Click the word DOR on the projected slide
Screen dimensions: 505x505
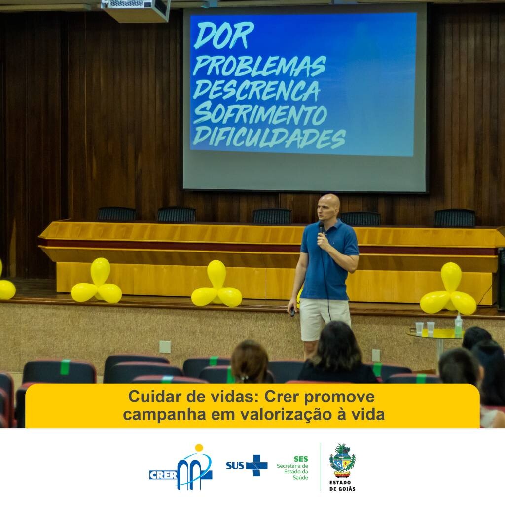(x=224, y=36)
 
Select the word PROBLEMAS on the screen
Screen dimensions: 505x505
(x=259, y=67)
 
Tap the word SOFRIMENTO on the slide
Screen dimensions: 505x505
(x=260, y=113)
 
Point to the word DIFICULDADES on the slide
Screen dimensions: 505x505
(x=269, y=138)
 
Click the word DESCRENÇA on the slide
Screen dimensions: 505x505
(x=256, y=90)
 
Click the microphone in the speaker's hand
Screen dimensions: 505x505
(x=321, y=228)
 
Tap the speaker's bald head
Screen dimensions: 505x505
(x=328, y=206)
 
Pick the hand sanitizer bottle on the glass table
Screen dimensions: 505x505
(x=458, y=326)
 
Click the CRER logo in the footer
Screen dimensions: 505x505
(x=180, y=468)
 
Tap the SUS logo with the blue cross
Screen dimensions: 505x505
(x=247, y=465)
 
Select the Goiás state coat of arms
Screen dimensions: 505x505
(x=342, y=461)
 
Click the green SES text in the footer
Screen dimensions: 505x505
(x=301, y=459)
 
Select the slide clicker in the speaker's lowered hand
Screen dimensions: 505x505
(x=292, y=312)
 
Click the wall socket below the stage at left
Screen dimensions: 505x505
(x=165, y=347)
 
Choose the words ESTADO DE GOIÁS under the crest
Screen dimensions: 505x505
(x=342, y=486)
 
